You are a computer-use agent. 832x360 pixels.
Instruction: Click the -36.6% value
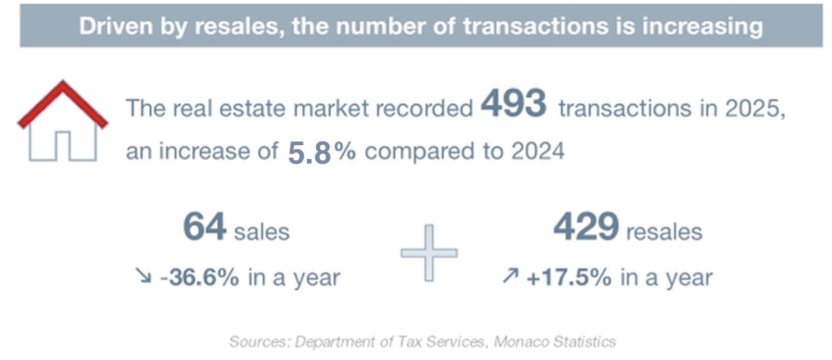coord(201,277)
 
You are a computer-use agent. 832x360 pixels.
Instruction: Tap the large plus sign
coord(429,253)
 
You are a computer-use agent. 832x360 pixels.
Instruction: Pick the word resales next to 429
coord(664,231)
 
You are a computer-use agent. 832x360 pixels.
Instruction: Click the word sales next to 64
coord(262,231)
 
